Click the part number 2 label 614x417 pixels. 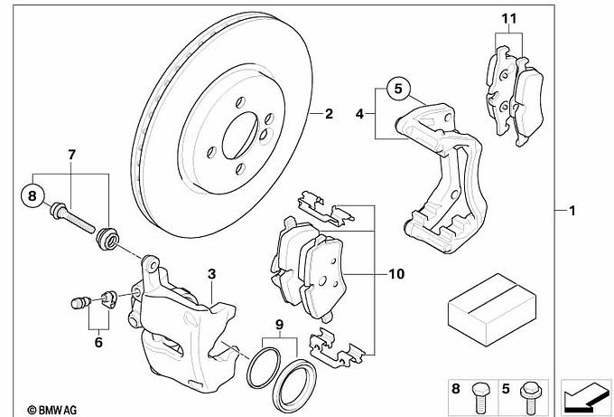329,114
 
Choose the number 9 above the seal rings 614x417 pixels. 279,323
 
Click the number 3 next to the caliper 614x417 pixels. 210,273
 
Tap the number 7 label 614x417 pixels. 71,155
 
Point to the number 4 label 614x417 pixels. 359,115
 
